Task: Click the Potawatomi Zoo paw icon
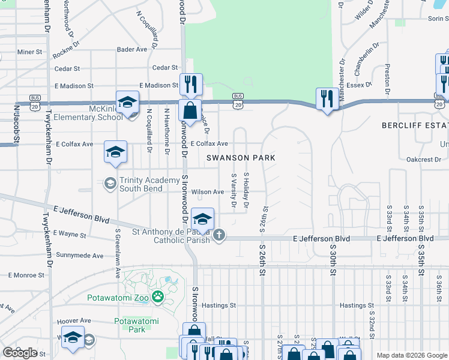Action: (158, 296)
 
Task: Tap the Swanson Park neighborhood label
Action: (241, 158)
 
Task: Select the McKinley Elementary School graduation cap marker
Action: (127, 103)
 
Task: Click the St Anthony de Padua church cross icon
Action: (219, 235)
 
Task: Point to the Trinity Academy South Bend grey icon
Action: (110, 183)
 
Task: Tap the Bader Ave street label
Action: (132, 50)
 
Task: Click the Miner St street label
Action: (29, 52)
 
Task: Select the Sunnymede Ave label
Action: (79, 256)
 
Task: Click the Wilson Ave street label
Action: (207, 192)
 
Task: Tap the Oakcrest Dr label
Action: (424, 160)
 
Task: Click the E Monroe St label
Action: (26, 275)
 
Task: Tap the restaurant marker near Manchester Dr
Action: (327, 99)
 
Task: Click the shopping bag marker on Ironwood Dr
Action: (190, 112)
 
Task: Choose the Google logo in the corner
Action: (19, 353)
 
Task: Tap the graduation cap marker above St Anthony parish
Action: (203, 220)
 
